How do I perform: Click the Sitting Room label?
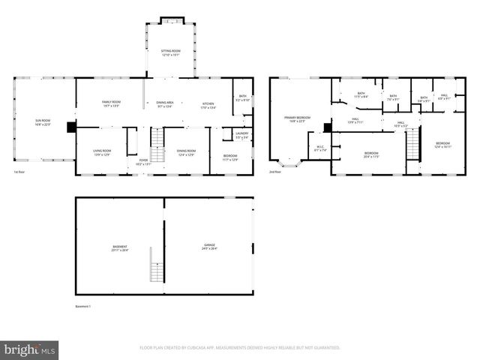[171, 52]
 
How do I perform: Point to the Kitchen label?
[207, 103]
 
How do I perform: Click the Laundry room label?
[242, 136]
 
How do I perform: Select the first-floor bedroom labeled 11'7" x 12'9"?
[229, 157]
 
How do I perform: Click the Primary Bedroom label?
[297, 118]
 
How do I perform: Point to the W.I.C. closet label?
[320, 148]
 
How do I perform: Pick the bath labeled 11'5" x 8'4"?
[360, 94]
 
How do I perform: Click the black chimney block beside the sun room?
[71, 127]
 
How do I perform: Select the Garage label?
[209, 247]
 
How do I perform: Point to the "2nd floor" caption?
[276, 172]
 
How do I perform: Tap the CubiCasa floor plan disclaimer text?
[240, 348]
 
